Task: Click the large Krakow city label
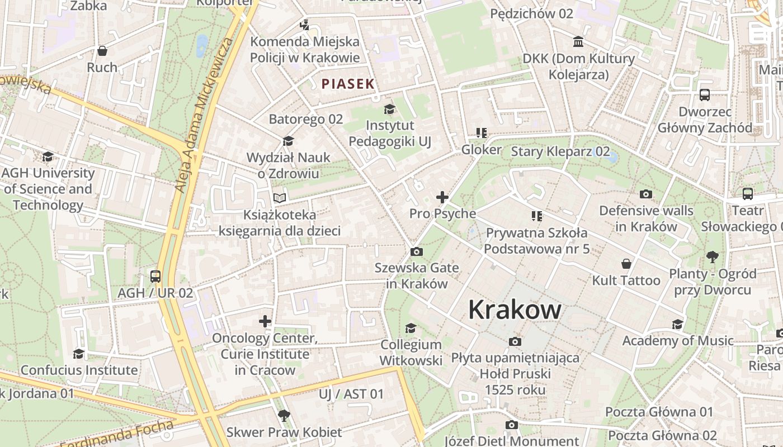pos(515,309)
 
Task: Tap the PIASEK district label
pos(347,84)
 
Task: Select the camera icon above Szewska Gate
pos(416,252)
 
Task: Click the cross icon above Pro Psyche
pos(442,197)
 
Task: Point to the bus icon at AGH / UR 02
pos(155,276)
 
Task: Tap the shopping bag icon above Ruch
pos(102,51)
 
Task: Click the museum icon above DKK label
pos(578,42)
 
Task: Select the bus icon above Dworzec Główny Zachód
pos(705,95)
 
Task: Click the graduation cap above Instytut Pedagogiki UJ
pos(389,109)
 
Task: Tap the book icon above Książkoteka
pos(280,198)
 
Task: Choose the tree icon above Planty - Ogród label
pos(712,257)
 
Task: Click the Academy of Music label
pos(678,340)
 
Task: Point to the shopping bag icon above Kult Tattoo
pos(626,264)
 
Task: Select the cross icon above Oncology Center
pos(265,321)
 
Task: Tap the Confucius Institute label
pos(79,370)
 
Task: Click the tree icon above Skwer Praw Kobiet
pos(284,415)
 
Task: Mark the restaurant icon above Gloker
pos(481,133)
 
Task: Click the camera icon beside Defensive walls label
pos(646,194)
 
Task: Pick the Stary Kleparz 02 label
pos(560,151)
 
